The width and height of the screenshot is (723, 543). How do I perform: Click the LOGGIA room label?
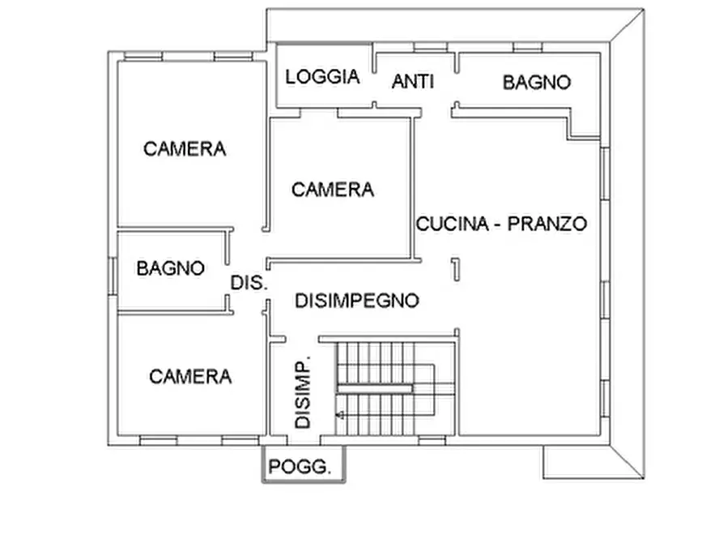(x=322, y=77)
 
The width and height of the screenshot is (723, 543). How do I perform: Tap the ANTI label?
(x=413, y=81)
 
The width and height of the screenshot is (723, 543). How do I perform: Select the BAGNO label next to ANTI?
(x=536, y=82)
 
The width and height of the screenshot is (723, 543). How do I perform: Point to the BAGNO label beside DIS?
(x=170, y=268)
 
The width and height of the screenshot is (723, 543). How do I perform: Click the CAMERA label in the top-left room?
(x=185, y=149)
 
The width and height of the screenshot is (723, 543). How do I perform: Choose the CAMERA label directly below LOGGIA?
(x=333, y=190)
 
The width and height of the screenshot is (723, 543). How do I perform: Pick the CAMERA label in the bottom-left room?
(x=190, y=376)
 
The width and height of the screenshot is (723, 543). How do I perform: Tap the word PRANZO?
(x=547, y=224)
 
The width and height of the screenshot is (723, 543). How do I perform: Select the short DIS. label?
(x=249, y=284)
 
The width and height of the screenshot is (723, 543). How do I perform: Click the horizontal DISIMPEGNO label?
(x=356, y=301)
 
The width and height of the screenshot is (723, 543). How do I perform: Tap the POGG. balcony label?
(x=300, y=467)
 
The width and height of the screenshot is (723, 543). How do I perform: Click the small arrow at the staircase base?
(x=341, y=415)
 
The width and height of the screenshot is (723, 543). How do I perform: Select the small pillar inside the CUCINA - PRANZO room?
(x=456, y=268)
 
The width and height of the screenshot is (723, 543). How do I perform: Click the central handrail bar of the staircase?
(x=374, y=388)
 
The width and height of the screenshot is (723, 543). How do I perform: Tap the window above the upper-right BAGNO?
(x=527, y=47)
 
